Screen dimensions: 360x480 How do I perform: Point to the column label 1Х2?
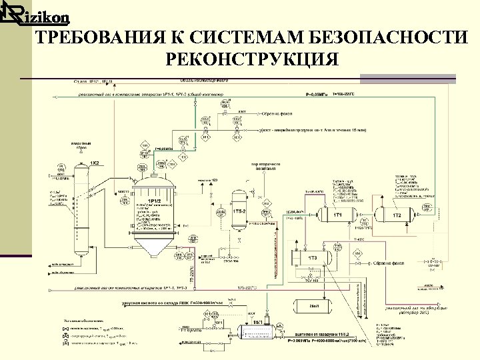click(95, 163)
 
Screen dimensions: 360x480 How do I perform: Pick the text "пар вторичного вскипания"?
click(263, 167)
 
